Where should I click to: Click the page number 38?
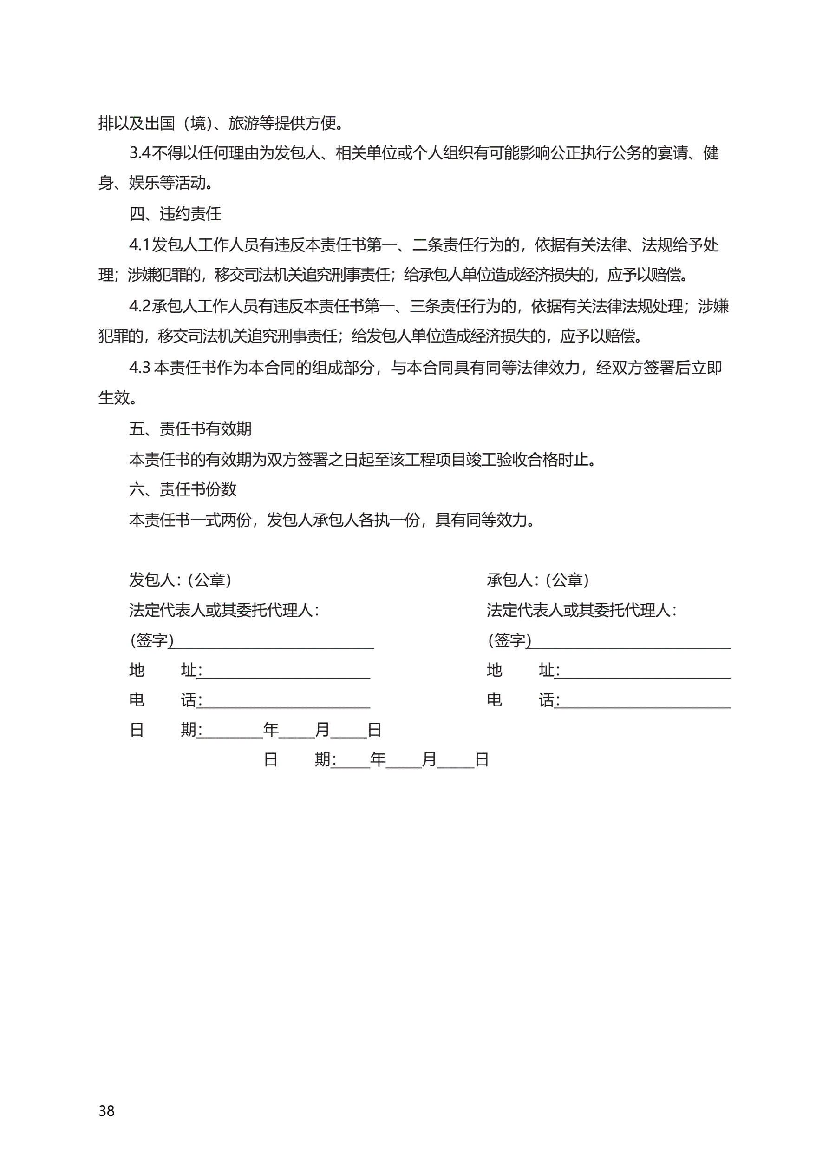106,1111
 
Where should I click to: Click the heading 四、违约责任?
175,214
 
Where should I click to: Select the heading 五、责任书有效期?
190,429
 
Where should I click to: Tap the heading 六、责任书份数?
183,489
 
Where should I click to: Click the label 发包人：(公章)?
180,580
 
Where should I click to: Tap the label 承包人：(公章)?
538,580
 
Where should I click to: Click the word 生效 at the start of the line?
113,398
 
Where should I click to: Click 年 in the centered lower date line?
378,760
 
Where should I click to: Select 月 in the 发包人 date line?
322,730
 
